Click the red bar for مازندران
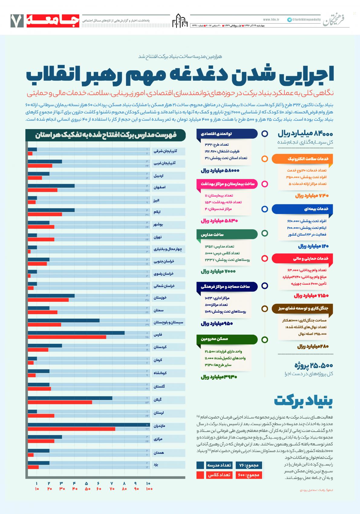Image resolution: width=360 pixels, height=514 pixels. point(71,429)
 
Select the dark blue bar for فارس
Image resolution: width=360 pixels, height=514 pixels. point(76,333)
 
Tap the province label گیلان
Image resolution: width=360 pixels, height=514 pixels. point(158,400)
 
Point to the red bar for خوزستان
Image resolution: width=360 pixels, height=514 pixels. point(48,300)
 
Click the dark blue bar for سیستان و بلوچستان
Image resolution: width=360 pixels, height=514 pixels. point(63,320)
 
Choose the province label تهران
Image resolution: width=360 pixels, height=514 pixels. point(157,237)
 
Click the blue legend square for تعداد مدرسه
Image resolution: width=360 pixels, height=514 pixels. point(200,465)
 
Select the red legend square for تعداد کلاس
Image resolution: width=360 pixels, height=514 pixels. point(200,475)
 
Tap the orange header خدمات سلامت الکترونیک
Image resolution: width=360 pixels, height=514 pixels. point(302,159)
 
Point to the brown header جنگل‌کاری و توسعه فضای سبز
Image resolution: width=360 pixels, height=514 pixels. point(302,308)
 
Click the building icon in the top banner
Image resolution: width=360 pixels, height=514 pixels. point(180,21)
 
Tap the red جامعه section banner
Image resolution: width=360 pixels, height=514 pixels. point(53,21)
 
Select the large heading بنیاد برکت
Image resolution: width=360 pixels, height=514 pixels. point(303,401)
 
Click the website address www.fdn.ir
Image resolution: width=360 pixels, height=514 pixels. point(271,20)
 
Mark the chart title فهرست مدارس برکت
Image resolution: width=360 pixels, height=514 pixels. point(106,135)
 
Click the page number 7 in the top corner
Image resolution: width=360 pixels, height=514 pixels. point(17,21)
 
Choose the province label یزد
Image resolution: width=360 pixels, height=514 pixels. point(156,464)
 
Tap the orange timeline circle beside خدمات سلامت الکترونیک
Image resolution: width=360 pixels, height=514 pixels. point(265,159)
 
